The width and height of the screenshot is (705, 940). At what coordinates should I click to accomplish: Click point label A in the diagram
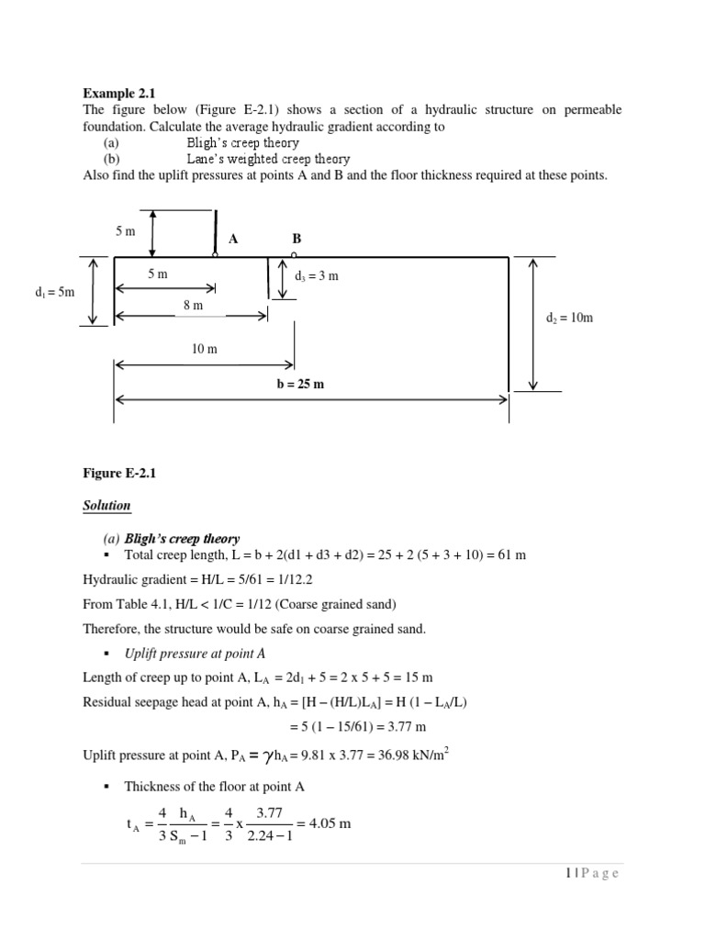(233, 239)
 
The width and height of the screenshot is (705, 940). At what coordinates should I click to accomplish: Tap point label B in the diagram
(297, 239)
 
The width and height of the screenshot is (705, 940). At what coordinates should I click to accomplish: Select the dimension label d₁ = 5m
(53, 293)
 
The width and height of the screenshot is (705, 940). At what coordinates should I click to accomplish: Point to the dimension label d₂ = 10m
(569, 318)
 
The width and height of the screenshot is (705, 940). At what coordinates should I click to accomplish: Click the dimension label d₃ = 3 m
(317, 276)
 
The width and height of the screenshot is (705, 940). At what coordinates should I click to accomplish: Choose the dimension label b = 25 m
(300, 384)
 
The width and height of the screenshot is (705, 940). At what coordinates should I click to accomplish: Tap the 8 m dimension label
(193, 305)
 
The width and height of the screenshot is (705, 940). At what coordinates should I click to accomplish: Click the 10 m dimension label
(204, 349)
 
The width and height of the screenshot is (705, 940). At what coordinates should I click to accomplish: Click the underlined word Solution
(107, 506)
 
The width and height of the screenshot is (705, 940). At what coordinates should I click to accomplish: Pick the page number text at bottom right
(593, 873)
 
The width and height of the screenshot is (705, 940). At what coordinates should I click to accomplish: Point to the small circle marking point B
(294, 254)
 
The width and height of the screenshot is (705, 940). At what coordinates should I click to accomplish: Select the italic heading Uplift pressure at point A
(195, 653)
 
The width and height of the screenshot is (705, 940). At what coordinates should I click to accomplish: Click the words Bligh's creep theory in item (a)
(242, 143)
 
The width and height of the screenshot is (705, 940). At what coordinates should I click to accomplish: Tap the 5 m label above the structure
(126, 231)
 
